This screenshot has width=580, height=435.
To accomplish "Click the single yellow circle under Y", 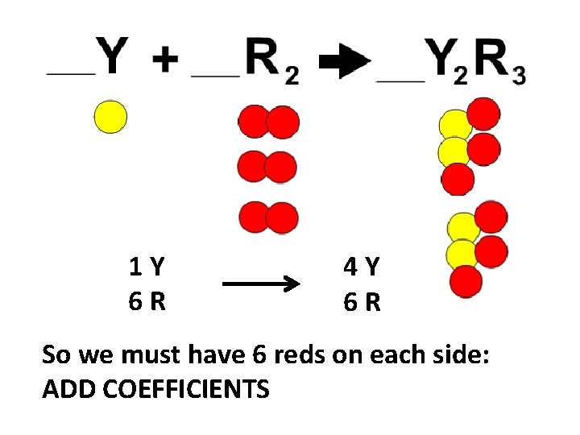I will [110, 116].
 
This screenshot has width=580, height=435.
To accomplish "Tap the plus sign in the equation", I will [164, 59].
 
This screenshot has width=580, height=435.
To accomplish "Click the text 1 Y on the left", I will [147, 265].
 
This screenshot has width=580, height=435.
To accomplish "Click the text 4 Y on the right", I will [362, 265].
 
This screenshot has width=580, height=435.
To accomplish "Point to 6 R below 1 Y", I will [147, 301].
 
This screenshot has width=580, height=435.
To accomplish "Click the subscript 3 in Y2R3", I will [518, 76].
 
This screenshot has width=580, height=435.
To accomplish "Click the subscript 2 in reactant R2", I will [292, 76].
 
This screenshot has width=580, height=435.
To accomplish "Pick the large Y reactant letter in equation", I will [112, 56].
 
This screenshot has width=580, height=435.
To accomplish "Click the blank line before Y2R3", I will [400, 79].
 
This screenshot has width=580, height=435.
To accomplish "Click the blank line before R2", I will [215, 76].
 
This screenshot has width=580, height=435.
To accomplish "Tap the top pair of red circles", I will [268, 122].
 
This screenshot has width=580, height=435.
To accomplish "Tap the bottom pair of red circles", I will [268, 217].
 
